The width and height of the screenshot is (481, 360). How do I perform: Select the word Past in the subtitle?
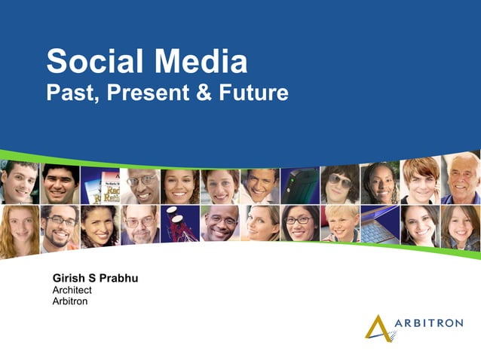pyautogui.click(x=72, y=93)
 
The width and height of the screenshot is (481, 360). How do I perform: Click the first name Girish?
pyautogui.click(x=69, y=279)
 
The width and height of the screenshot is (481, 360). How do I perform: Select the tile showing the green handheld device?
pyautogui.click(x=300, y=185)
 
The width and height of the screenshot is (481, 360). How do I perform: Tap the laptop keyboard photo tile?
pyautogui.click(x=380, y=224)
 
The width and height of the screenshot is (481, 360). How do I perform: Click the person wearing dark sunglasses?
pyautogui.click(x=340, y=185)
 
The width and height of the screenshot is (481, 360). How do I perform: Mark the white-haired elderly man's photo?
pyautogui.click(x=461, y=181)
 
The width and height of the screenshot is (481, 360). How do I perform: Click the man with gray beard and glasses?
pyautogui.click(x=139, y=224)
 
